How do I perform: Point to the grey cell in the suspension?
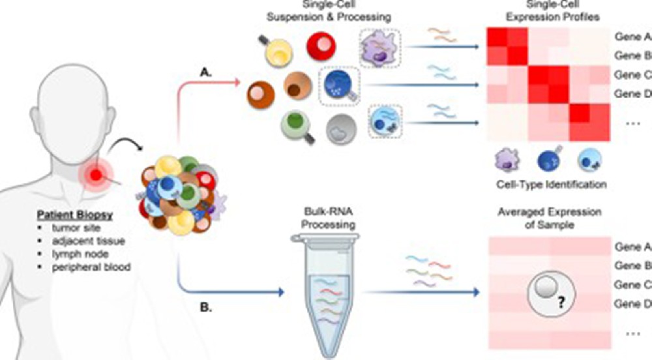(338, 128)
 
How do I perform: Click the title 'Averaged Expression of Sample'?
(549, 218)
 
